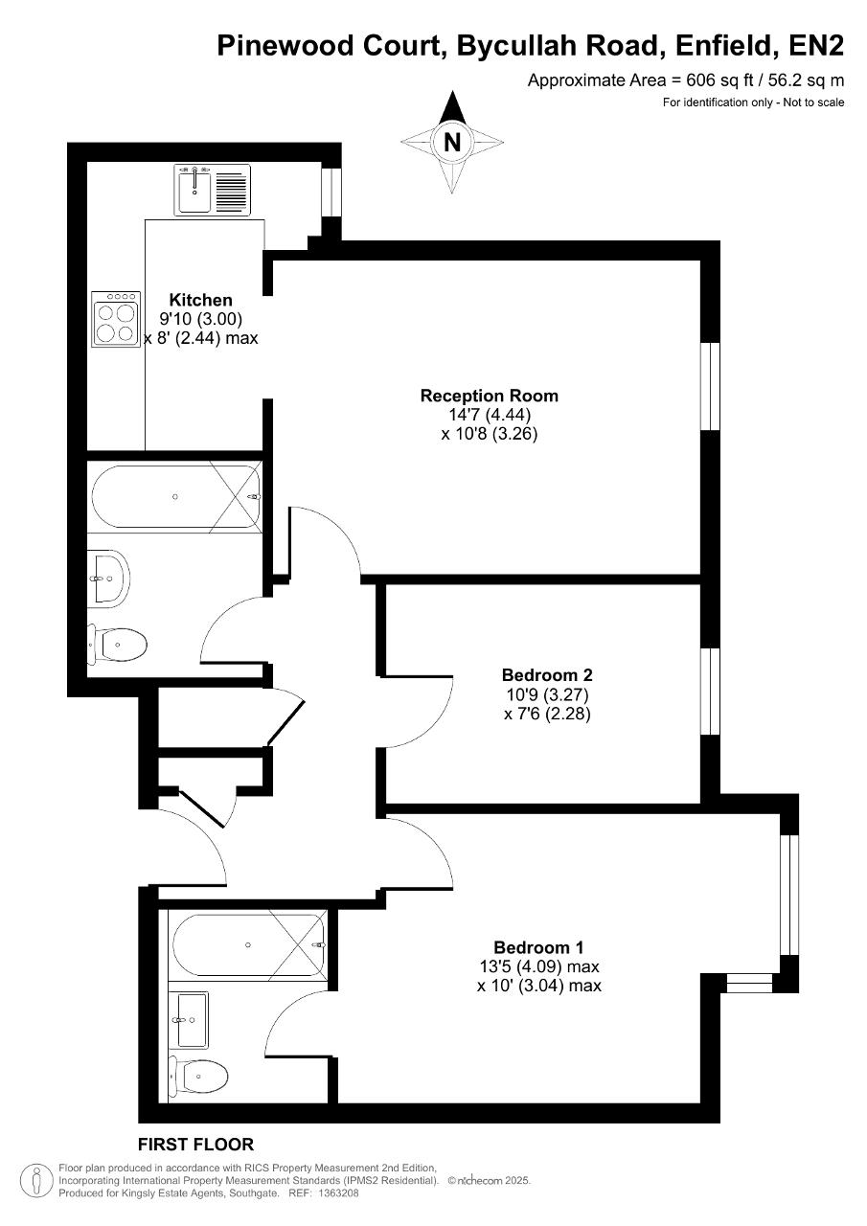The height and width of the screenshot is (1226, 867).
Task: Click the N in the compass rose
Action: pos(452,143)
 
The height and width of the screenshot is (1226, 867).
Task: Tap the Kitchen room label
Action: pos(201,300)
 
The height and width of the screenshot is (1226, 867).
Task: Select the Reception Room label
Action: pos(490,396)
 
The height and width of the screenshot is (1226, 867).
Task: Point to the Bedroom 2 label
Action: pos(547,675)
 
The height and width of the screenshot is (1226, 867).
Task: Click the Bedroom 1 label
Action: pos(538,947)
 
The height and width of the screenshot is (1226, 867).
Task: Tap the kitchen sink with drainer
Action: pos(213,190)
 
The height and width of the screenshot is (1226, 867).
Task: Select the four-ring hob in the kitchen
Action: pos(116,319)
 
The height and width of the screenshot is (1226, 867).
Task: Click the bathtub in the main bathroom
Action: pos(175,497)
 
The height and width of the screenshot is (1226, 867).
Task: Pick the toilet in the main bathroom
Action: pos(118,645)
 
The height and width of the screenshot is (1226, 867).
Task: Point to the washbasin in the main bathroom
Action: pos(109,578)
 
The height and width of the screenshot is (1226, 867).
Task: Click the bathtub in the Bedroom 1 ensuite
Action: pos(248,945)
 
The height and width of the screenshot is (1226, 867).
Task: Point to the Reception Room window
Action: pos(711,386)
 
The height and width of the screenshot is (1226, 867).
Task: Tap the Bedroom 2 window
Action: pos(711,692)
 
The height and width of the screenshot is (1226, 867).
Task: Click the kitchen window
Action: pos(331,192)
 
